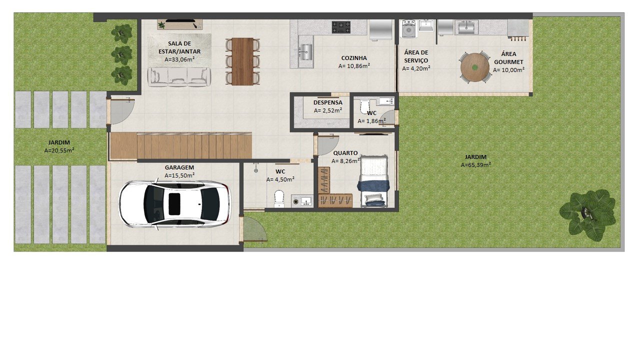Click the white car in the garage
pos(174,204)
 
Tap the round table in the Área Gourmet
pos(474,67)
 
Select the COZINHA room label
pos(354,58)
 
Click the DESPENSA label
pos(327,102)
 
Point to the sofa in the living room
pos(179,77)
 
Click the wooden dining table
pos(242,61)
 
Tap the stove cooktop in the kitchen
pos(341,27)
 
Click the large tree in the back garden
pos(587,214)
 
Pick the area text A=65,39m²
pos(475,165)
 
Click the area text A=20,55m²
pos(59,150)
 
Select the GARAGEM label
pos(179,167)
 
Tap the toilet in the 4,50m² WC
pos(279,198)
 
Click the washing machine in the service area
pos(408,29)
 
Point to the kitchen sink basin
pos(305,52)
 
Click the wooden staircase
pos(181,145)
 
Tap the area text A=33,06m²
pos(179,59)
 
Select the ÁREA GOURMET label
pos(508,57)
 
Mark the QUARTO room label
pos(345,153)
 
